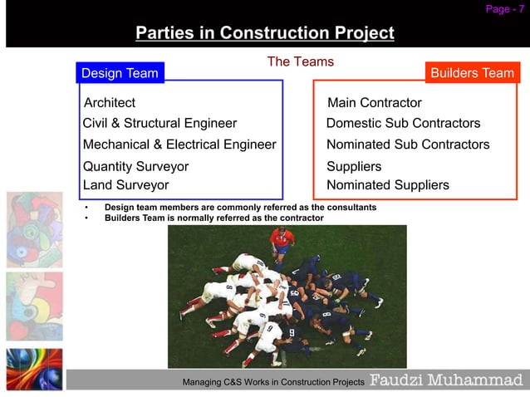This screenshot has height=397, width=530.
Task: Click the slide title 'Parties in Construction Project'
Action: [264, 34]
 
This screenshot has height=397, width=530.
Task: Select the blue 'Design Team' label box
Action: [120, 73]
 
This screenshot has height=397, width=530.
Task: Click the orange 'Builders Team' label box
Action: [472, 73]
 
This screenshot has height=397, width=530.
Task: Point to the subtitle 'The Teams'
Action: [300, 61]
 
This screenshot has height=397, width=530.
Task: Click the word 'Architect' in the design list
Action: [110, 103]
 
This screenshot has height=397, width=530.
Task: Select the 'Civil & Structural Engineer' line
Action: [159, 123]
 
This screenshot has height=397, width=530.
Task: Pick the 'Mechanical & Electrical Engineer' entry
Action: [179, 145]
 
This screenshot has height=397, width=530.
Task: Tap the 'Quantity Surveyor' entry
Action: [135, 166]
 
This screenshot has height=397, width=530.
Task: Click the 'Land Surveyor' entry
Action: [125, 185]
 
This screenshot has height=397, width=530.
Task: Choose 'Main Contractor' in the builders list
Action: [374, 103]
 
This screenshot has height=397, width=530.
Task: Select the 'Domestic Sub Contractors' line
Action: [403, 123]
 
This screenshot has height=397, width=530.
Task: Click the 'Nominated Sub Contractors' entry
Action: [408, 145]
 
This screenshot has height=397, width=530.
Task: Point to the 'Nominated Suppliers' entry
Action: [387, 185]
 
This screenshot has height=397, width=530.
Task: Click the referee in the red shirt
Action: [282, 241]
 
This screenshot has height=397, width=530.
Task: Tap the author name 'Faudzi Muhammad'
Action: [446, 380]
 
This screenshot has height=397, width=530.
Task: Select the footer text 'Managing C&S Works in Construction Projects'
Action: [273, 382]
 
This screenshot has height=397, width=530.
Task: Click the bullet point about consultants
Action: [239, 207]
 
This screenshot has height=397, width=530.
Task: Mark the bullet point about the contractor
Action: [213, 218]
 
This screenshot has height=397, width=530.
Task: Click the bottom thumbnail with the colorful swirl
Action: [34, 369]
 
